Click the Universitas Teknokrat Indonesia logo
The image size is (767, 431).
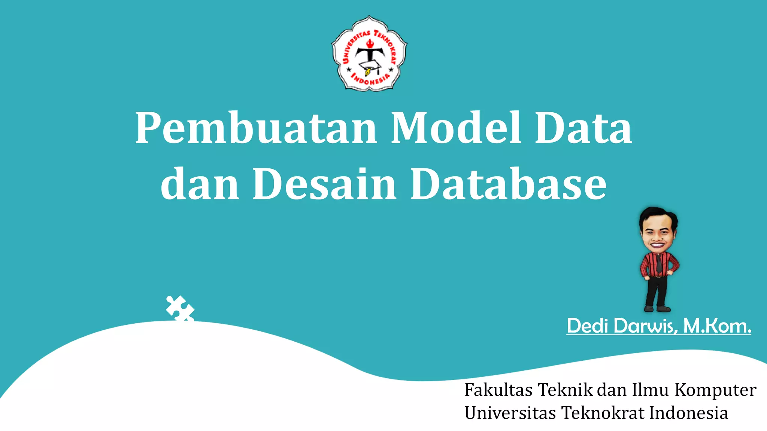(x=369, y=54)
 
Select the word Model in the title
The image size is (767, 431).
(x=456, y=128)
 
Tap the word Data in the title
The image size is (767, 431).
(x=583, y=128)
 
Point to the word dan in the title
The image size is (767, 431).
(x=200, y=184)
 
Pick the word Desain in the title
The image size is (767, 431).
(x=324, y=184)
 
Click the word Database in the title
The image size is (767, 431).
(x=508, y=184)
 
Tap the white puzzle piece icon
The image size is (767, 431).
(x=180, y=308)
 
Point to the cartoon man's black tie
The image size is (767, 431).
(x=659, y=264)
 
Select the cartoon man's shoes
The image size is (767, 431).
(x=657, y=309)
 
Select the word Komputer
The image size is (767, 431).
(x=715, y=390)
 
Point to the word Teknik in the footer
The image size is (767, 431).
(x=566, y=390)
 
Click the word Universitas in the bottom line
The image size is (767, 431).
(x=510, y=413)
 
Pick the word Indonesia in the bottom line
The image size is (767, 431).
(x=688, y=413)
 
